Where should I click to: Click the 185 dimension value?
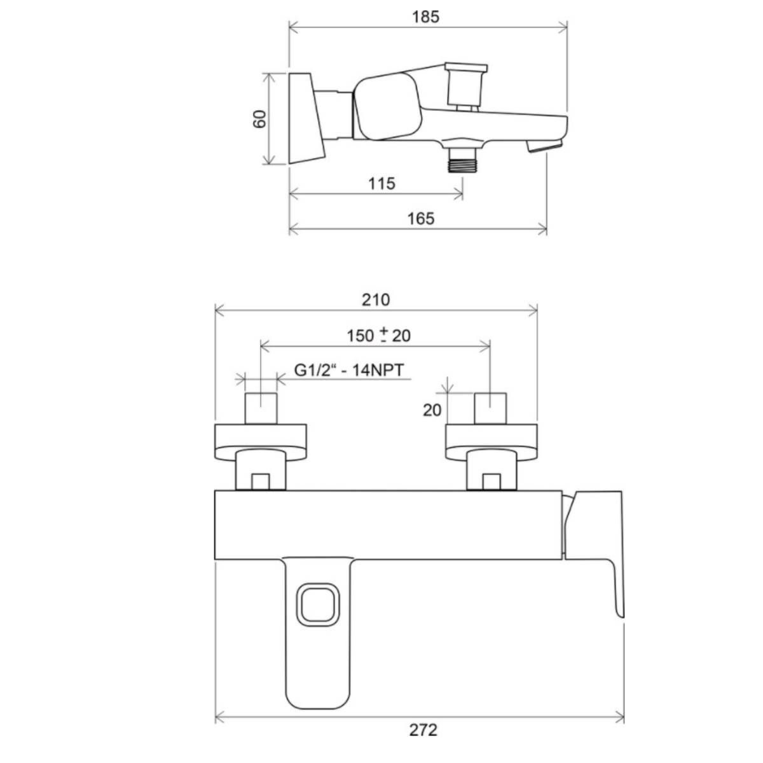(425, 17)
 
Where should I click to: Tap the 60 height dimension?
(259, 119)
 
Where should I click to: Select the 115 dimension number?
(381, 184)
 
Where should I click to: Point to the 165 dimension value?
(421, 219)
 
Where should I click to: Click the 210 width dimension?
(376, 299)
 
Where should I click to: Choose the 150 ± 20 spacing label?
(378, 335)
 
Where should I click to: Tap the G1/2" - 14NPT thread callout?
(349, 370)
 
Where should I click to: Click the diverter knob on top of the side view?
(465, 86)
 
